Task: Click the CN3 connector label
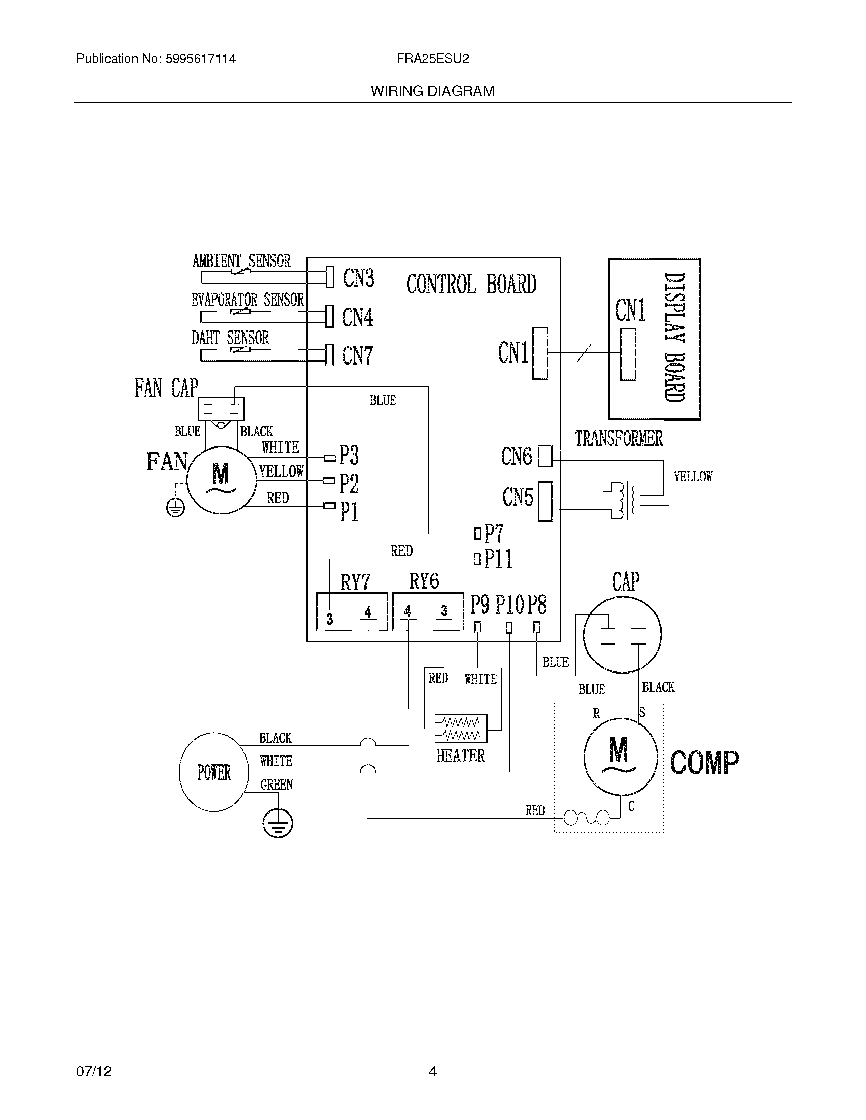tap(359, 278)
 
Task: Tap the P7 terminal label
tap(494, 534)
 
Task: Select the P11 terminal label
tap(498, 558)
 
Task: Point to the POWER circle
tap(213, 772)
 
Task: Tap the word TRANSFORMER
tap(619, 439)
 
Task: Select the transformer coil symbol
tap(629, 500)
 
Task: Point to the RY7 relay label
tap(355, 582)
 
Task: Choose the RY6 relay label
tap(424, 581)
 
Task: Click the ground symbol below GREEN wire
tap(277, 825)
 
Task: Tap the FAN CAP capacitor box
tap(221, 409)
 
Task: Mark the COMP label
tap(705, 763)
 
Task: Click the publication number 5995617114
tap(201, 59)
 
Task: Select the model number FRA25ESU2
tap(432, 59)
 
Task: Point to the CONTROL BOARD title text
tap(471, 284)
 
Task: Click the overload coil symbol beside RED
tap(587, 818)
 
